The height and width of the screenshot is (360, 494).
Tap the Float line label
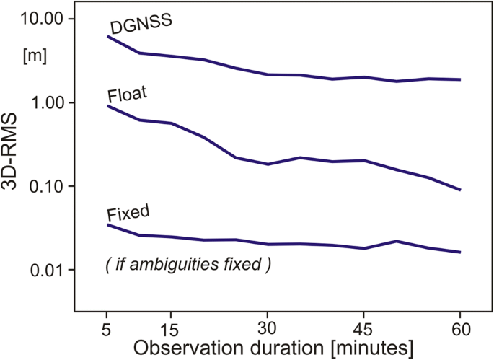(125, 95)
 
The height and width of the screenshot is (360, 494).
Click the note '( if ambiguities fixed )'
(188, 265)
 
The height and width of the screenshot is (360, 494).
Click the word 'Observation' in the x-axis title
(186, 346)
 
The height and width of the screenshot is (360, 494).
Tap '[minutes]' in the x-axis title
(366, 346)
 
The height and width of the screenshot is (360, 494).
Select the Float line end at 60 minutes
(460, 190)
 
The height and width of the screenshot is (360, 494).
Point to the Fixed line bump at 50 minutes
(396, 241)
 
